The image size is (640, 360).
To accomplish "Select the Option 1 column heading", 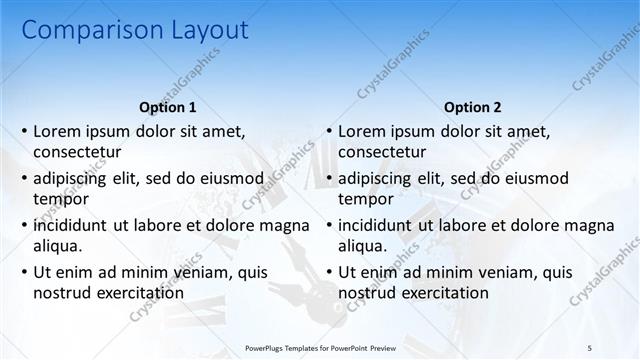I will (166, 107).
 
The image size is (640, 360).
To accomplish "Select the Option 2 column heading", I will (472, 107).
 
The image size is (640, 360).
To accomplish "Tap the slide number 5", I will (590, 347).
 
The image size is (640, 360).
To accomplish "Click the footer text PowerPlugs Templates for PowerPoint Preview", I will (321, 347).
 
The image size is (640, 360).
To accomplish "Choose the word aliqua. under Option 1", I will (58, 246).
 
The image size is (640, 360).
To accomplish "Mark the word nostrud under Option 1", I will (61, 293).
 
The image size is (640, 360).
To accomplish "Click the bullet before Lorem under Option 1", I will (23, 132).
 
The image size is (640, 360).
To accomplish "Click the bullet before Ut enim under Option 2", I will (328, 273).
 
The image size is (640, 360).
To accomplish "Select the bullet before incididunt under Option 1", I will (23, 226).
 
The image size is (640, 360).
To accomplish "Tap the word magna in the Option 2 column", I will (593, 226).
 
